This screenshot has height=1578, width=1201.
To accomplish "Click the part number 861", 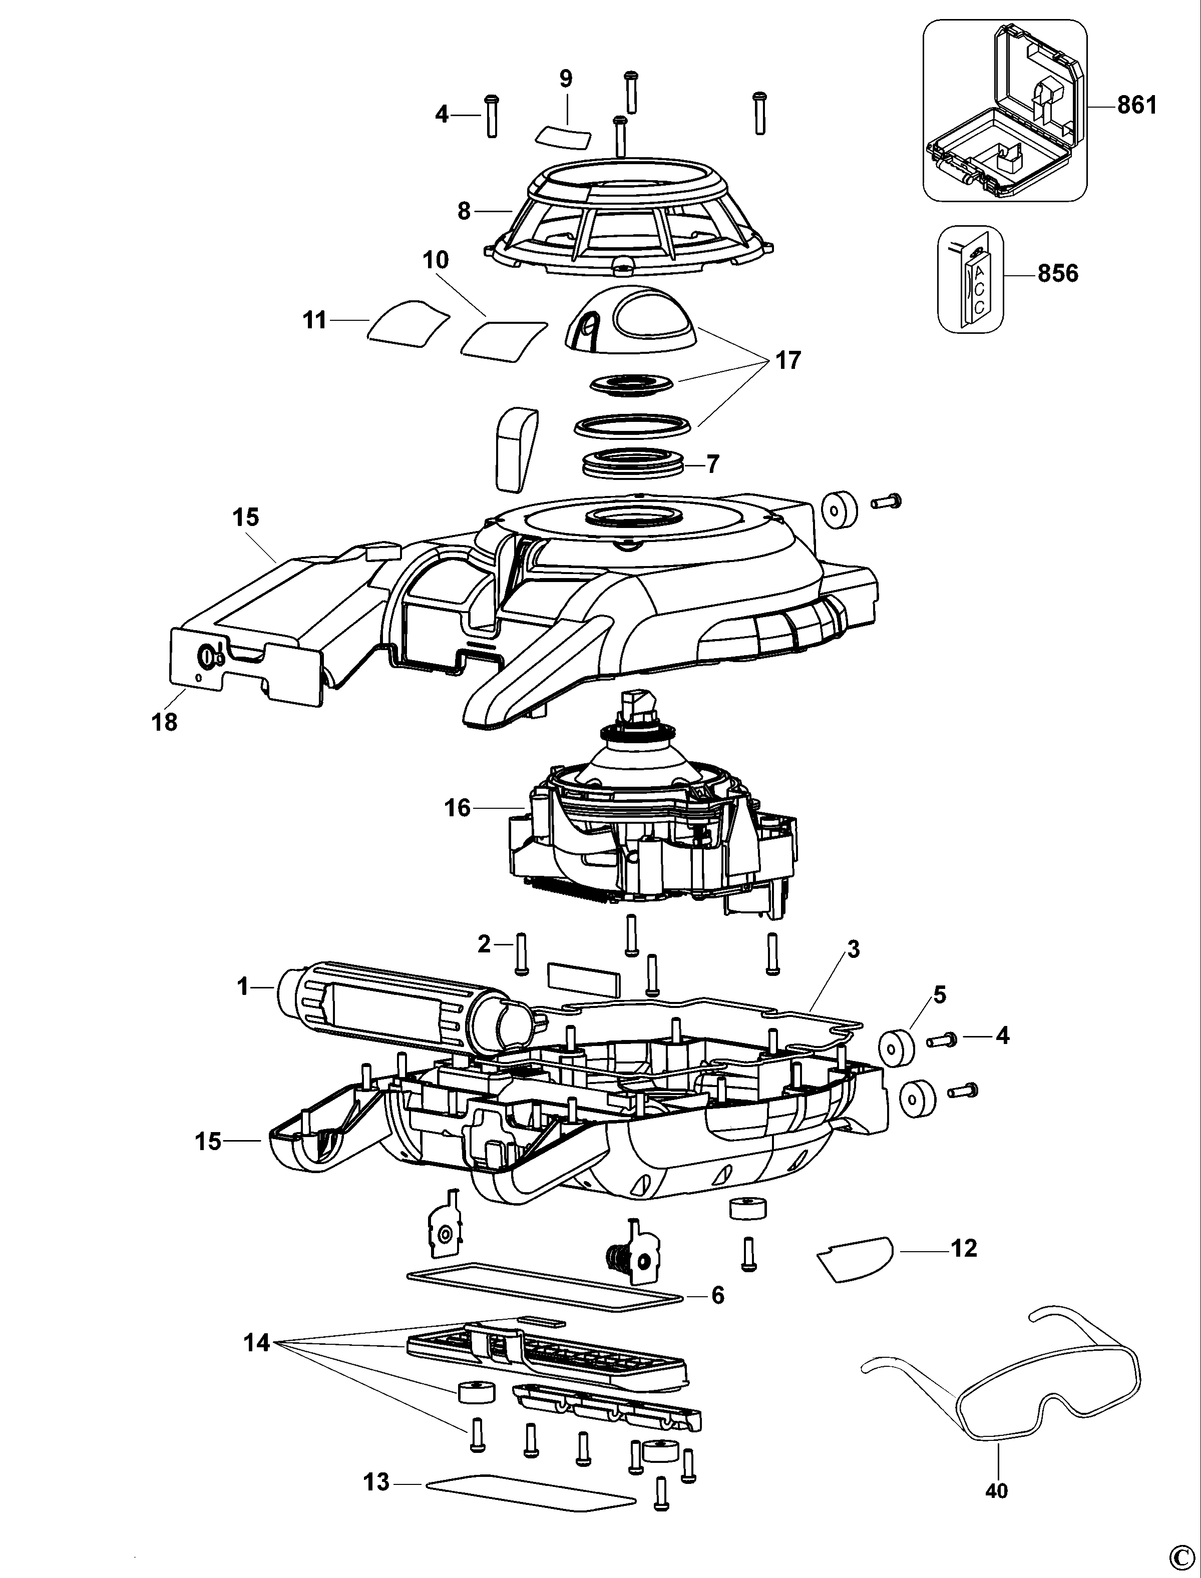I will (x=1136, y=105).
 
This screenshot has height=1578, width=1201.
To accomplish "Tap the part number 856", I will (x=1057, y=274).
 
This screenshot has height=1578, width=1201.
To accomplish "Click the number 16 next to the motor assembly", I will (x=458, y=808).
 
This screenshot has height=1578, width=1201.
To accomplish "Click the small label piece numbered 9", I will (x=565, y=136).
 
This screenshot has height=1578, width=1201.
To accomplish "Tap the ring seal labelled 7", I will (x=633, y=464).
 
